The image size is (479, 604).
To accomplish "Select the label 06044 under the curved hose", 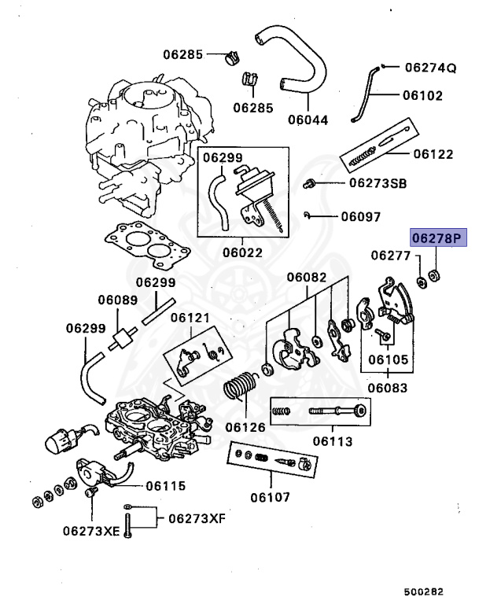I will click(x=308, y=120).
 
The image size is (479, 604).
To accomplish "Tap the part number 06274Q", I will click(x=430, y=68).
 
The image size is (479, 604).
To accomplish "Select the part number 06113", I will click(x=334, y=441).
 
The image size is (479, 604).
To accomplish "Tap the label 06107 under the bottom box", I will click(x=270, y=497).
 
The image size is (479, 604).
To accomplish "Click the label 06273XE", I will click(x=92, y=531).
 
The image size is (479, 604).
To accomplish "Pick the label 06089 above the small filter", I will click(x=117, y=300).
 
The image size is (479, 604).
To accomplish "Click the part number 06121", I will click(x=190, y=317).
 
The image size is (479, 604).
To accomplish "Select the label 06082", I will click(x=306, y=277).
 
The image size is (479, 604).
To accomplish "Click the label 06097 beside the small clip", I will click(x=360, y=216).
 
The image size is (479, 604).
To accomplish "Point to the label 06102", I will click(x=422, y=96).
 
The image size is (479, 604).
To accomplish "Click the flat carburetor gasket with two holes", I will click(x=147, y=244).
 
